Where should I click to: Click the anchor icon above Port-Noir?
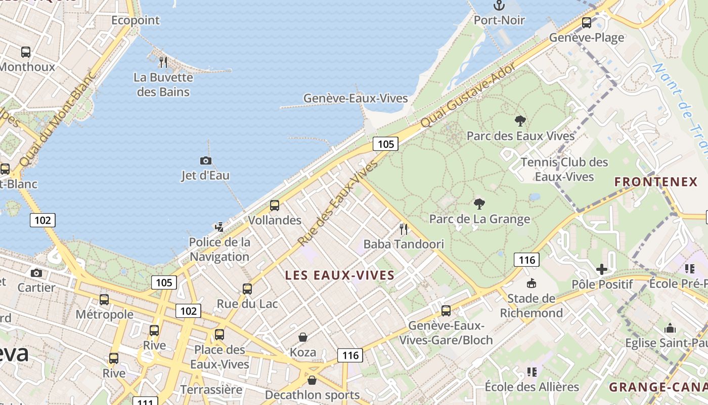[499, 6]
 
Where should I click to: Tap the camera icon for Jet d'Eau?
[206, 160]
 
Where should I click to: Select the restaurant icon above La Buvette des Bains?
[163, 62]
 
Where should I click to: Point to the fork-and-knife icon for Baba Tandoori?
[403, 229]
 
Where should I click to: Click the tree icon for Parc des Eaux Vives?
[520, 121]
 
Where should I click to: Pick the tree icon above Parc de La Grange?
[479, 204]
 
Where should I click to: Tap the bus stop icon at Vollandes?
[275, 205]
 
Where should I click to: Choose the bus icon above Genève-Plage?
[587, 23]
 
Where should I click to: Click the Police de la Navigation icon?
[219, 227]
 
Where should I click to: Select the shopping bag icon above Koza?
[303, 337]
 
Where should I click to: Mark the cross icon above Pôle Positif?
[602, 269]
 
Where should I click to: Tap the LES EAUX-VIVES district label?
[340, 275]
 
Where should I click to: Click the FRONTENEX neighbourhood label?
[656, 182]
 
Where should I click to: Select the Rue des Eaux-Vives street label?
[337, 204]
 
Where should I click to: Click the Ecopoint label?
[136, 20]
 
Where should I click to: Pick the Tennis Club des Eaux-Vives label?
[564, 169]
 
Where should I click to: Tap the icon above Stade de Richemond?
[531, 283]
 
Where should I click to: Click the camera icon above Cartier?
[36, 273]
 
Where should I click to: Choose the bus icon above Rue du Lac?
[247, 289]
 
